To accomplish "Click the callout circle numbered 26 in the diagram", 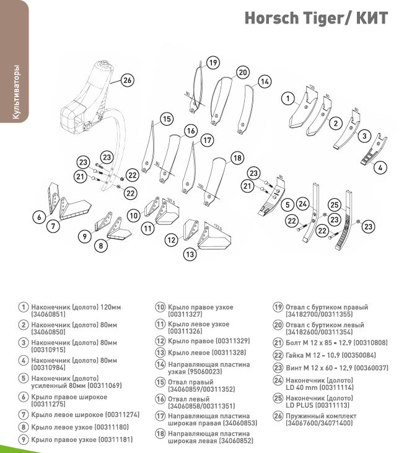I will [x=128, y=80].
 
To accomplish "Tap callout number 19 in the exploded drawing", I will [x=213, y=63].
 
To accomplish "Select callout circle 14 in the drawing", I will [x=265, y=81].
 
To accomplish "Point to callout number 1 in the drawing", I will [x=288, y=98].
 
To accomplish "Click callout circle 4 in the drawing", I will [x=381, y=167].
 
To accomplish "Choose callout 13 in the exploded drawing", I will [x=190, y=254].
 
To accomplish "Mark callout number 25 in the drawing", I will [x=333, y=205].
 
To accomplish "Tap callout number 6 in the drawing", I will [x=38, y=217].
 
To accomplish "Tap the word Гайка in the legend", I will [x=297, y=355].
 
